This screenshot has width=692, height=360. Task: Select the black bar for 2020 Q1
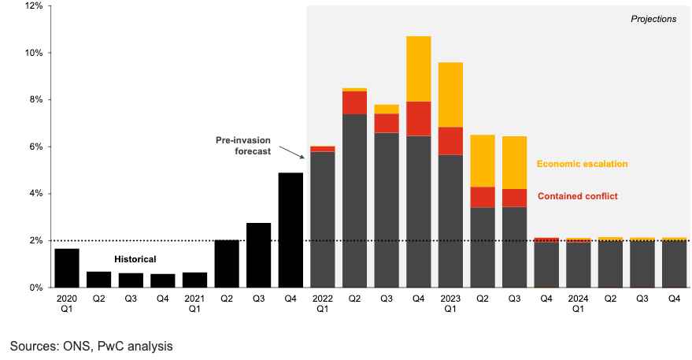(x=67, y=268)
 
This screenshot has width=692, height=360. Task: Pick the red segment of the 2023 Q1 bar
(x=450, y=141)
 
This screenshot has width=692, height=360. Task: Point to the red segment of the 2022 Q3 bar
(x=387, y=123)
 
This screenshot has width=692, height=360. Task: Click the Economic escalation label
(x=582, y=164)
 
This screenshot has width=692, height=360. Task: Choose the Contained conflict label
(x=577, y=196)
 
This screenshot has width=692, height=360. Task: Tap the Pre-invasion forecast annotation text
(x=243, y=146)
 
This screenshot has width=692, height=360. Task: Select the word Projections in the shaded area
(x=653, y=19)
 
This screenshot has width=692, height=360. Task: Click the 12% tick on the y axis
(x=32, y=6)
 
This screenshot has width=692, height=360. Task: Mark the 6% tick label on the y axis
(x=35, y=147)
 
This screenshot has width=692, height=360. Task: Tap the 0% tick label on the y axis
(x=35, y=288)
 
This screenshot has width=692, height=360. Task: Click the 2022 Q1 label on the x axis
(x=323, y=304)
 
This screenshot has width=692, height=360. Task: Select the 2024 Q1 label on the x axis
(x=578, y=304)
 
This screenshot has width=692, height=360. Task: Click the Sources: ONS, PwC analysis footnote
(x=91, y=346)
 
